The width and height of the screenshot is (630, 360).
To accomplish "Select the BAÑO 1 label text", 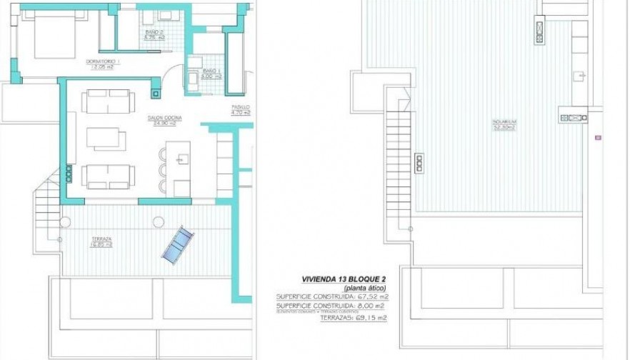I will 209,73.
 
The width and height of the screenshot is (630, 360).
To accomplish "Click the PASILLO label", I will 241,111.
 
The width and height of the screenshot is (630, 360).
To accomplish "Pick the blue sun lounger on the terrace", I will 177,245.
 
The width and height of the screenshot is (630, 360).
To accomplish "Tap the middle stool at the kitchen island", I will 163,171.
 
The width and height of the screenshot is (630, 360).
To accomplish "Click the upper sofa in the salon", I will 106,101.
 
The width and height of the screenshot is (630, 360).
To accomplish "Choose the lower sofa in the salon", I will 107,176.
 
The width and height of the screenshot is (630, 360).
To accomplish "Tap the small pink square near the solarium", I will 597,136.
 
